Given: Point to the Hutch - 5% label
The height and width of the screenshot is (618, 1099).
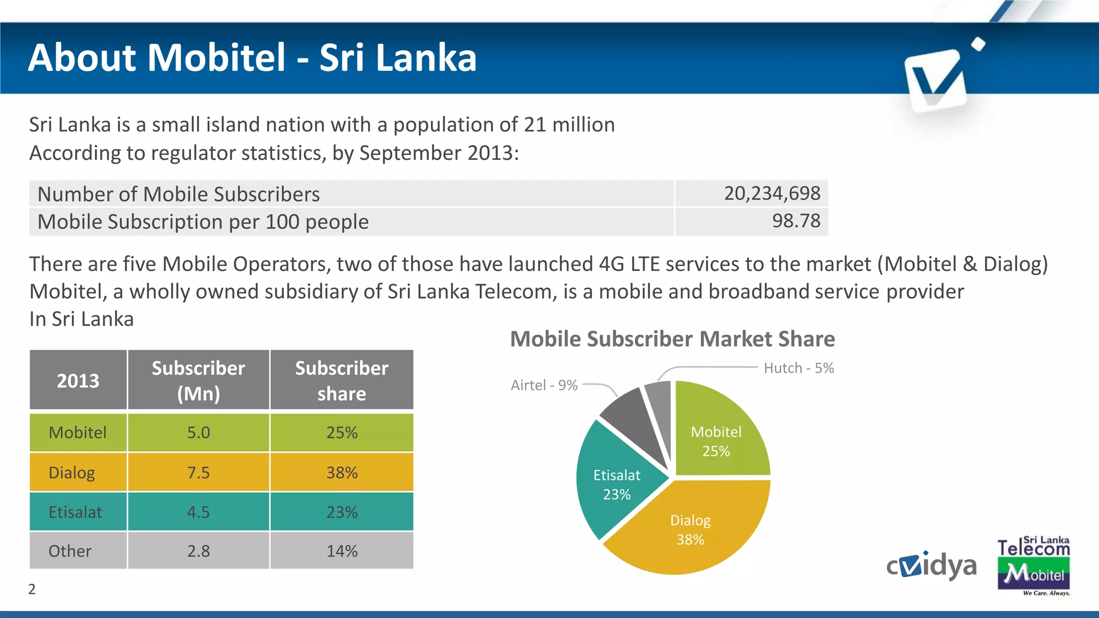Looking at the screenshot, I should point(798,368).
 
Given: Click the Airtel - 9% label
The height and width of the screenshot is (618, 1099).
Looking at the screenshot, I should point(544,385).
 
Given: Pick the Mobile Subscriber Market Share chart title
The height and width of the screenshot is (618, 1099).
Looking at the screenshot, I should point(672,339).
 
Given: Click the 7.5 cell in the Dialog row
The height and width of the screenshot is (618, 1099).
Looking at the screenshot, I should point(198,473).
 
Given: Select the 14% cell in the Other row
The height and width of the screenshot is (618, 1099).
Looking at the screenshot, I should point(342,551).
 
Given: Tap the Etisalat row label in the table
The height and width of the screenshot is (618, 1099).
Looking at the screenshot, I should point(75,512).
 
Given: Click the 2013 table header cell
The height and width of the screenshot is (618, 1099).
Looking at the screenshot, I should point(78,380).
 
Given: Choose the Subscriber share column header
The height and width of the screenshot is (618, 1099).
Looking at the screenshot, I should point(342,380).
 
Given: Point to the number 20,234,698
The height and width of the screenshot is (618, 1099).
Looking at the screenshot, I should point(772,193).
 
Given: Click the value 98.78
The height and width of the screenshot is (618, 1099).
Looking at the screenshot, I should point(796,221).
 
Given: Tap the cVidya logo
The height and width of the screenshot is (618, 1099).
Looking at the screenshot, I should point(931,565).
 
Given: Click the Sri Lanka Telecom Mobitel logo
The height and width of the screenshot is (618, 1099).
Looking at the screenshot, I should point(1033,566).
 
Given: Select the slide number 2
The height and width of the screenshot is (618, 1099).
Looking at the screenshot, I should point(32,589).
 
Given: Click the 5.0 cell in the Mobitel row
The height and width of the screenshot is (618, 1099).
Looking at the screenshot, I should point(198,432).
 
